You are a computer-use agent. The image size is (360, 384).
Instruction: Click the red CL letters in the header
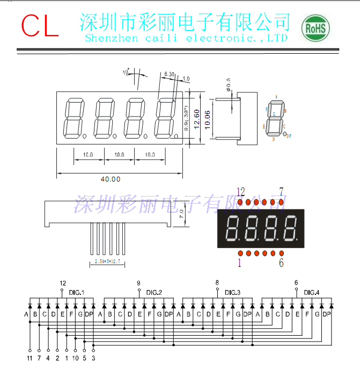click(40, 25)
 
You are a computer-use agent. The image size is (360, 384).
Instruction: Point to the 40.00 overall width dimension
click(111, 179)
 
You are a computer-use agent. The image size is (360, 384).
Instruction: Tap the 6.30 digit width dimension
click(170, 74)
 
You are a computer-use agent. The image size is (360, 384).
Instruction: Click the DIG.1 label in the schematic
click(77, 292)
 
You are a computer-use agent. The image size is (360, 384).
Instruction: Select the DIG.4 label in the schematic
click(311, 292)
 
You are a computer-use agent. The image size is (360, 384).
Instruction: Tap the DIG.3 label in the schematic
click(232, 292)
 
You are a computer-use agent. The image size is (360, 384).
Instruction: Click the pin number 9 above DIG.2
click(138, 283)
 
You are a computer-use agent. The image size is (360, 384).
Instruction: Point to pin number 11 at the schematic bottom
click(30, 357)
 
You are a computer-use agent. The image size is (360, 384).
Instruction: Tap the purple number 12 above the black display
click(240, 192)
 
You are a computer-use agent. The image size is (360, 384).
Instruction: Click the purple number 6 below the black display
click(281, 263)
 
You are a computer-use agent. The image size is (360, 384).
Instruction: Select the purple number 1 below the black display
click(240, 263)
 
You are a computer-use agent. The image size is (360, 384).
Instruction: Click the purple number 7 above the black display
click(281, 192)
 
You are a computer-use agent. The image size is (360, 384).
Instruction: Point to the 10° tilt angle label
click(126, 71)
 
